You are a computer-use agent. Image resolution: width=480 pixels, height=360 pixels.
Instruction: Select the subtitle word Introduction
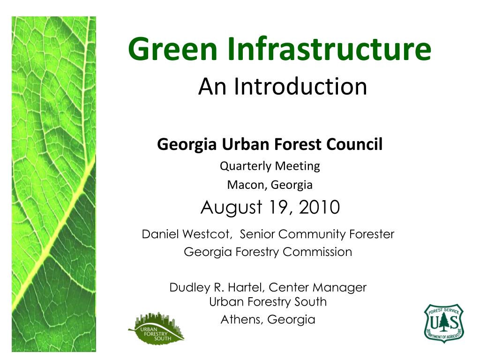pos(301,87)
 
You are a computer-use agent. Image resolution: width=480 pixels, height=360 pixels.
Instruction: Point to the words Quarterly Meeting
pos(270,166)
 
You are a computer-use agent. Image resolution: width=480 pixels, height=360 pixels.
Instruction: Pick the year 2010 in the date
pos(320,207)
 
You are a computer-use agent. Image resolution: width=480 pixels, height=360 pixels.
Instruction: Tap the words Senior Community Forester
pos(317,234)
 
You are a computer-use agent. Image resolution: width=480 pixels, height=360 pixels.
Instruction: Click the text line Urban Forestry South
pos(268,302)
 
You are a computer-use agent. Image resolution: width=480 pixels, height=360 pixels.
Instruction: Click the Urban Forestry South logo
pos(156,327)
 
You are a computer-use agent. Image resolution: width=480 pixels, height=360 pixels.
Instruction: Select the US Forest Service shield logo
pos(444,322)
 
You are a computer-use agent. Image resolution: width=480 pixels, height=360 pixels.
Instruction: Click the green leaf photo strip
pos(53,183)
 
